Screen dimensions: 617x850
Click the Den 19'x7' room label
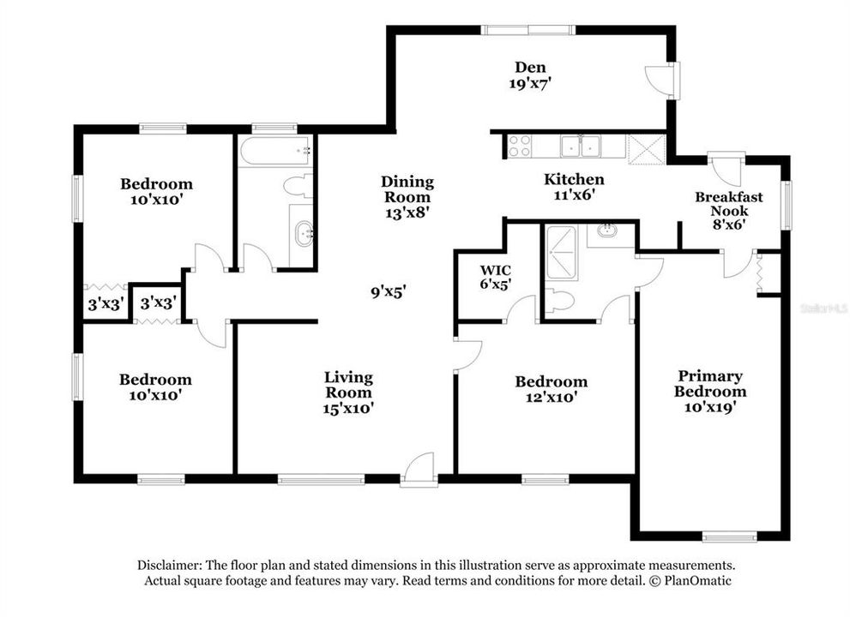coord(530,75)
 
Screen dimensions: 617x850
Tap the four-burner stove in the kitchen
coord(520,146)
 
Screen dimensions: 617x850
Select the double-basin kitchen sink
coord(581,147)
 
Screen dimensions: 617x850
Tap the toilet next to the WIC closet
coord(558,299)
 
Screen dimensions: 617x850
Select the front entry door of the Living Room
coord(420,470)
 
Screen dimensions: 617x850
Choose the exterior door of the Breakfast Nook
coord(726,170)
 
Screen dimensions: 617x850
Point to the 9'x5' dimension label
coord(388,291)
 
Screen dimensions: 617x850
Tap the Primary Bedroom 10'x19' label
coord(709,392)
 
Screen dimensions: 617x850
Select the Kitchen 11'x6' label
coord(574,186)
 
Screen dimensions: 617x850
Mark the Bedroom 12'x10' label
coord(551,389)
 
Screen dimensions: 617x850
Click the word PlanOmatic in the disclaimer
coord(693,580)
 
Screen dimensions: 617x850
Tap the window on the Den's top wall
coord(527,30)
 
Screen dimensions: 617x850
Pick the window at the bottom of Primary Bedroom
coord(729,537)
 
